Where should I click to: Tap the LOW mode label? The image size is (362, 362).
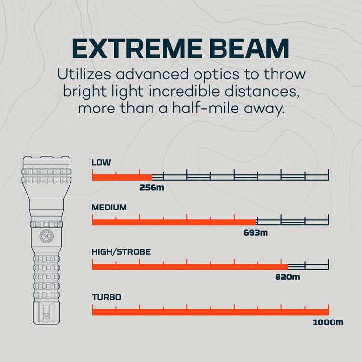101,162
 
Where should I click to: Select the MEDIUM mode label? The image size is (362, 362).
109,207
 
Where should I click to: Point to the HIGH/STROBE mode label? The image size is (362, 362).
121,252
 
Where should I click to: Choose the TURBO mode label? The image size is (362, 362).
106,297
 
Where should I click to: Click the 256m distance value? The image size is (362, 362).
152,187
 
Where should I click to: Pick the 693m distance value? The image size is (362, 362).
256,232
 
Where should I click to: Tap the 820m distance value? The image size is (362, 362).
288,277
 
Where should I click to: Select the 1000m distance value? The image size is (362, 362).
328,322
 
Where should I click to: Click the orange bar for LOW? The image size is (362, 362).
122,177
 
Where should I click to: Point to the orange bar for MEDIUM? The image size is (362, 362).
174,222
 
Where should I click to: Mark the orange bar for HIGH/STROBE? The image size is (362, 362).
190,267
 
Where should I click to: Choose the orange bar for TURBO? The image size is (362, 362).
210,312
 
